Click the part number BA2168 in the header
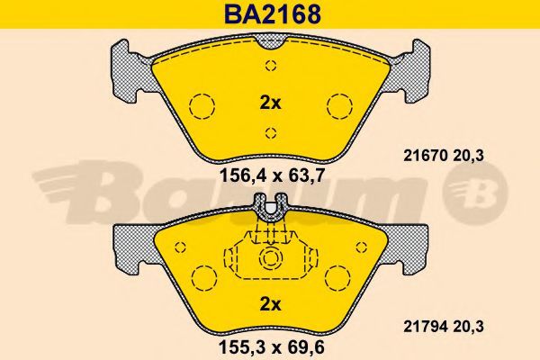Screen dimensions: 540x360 273,14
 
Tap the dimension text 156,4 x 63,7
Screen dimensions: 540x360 272,176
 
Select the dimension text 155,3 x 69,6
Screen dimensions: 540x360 272,347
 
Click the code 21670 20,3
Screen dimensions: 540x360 443,156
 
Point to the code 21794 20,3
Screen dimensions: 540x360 443,326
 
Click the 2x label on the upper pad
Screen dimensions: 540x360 270,103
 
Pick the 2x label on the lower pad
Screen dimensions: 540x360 270,304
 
